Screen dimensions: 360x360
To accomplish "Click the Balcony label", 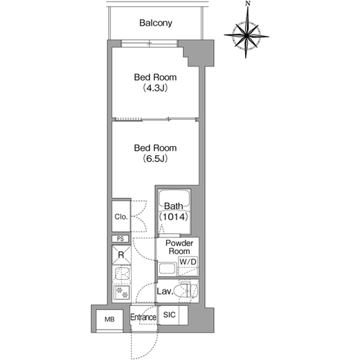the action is click(x=156, y=23).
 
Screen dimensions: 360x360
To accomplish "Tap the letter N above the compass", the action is click(x=248, y=3).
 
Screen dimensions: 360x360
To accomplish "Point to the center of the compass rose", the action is click(x=246, y=36).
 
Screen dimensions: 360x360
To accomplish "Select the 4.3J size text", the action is click(x=155, y=88).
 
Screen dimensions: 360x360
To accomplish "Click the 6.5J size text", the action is click(x=155, y=159).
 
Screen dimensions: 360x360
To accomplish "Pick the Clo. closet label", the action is click(x=121, y=217).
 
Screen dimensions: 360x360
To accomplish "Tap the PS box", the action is click(x=120, y=239).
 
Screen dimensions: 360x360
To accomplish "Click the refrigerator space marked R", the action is click(x=121, y=255).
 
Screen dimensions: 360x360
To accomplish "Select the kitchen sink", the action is click(x=122, y=274).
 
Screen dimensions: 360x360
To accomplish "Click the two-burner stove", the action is click(x=122, y=293).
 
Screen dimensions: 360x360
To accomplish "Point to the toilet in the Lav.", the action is click(x=188, y=291).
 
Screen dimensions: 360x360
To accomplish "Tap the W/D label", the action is click(x=188, y=262).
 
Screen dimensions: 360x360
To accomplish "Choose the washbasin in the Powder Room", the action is click(x=168, y=269).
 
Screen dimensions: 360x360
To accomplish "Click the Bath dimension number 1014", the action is click(x=174, y=217).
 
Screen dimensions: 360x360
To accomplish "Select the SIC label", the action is click(x=169, y=314).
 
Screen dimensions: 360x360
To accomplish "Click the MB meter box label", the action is click(x=109, y=319).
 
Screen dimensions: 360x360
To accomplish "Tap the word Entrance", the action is click(x=143, y=317).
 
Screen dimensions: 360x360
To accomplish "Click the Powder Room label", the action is click(x=179, y=247).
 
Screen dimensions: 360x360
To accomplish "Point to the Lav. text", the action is click(x=165, y=291).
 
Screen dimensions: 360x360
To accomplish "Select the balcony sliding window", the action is click(x=150, y=43).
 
